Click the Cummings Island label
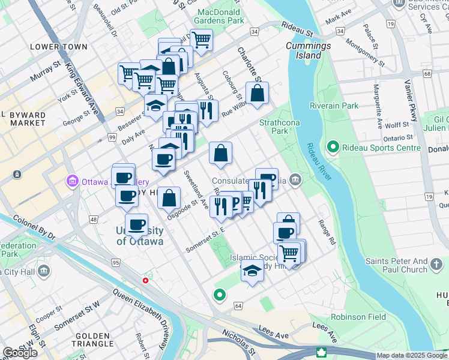(308, 50)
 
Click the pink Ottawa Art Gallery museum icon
(73, 181)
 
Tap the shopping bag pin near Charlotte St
(257, 94)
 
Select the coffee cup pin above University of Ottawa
(136, 225)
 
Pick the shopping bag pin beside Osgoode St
(169, 197)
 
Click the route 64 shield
(238, 306)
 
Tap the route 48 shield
(94, 220)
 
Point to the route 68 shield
(427, 74)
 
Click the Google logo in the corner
(20, 353)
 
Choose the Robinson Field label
(357, 316)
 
